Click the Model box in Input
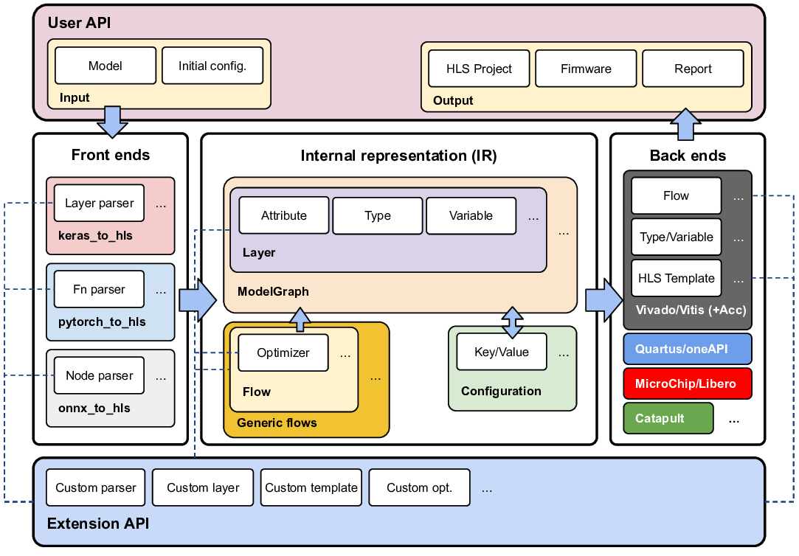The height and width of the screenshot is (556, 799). (106, 66)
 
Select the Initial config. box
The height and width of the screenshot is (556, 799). (212, 66)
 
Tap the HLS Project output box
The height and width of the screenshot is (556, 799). (479, 69)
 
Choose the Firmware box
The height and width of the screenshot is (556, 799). (586, 69)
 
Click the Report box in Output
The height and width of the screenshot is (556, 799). (693, 69)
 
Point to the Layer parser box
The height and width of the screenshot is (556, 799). (100, 203)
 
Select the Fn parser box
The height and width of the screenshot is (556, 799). (100, 289)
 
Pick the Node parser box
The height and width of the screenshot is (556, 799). (100, 375)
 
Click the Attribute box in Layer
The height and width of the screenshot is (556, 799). (284, 215)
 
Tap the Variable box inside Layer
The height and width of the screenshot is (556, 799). (471, 215)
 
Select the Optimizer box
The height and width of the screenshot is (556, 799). (283, 352)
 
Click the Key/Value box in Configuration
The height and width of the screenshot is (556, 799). (502, 352)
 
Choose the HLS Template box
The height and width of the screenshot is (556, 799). (676, 278)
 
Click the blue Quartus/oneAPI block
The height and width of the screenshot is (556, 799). (687, 349)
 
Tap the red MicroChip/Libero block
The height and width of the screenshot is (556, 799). (687, 383)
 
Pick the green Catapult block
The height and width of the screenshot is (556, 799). (668, 418)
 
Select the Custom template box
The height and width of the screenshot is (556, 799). (311, 487)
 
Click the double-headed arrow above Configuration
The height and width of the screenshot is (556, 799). (512, 322)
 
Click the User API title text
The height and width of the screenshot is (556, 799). (79, 23)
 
